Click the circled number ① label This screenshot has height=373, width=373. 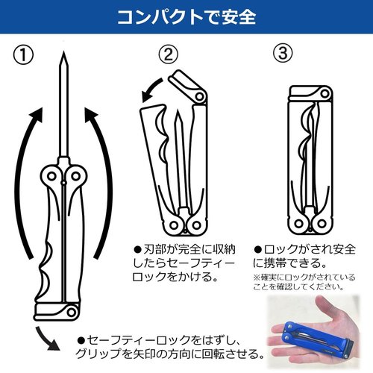click(23, 55)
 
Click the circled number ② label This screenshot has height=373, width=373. click(169, 54)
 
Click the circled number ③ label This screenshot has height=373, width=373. click(283, 54)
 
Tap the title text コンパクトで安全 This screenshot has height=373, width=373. click(186, 17)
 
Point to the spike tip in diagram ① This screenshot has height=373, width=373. click(64, 52)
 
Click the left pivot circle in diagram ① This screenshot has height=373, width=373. click(51, 176)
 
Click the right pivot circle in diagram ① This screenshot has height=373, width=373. click(75, 176)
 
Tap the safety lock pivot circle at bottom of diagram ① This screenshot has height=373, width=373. click(72, 311)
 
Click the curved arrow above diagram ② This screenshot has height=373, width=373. click(151, 90)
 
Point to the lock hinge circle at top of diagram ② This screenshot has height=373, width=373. click(199, 96)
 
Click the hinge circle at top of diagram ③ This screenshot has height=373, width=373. click(325, 94)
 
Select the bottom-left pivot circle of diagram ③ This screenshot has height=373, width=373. click(299, 223)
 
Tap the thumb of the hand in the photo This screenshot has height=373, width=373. click(326, 308)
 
